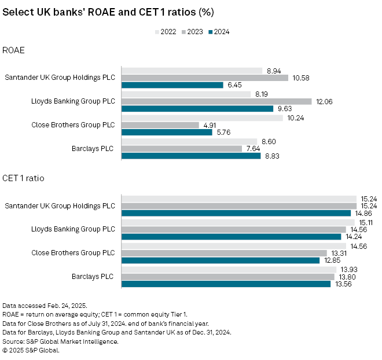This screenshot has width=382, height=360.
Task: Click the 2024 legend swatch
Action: (210, 32)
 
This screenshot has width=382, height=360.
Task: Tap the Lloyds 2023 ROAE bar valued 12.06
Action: (216, 101)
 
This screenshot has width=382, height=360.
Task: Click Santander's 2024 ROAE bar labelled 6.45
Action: (172, 85)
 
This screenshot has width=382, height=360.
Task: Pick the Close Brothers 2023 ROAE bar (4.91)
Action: (160, 125)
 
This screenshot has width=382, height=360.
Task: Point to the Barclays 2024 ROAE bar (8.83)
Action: (191, 155)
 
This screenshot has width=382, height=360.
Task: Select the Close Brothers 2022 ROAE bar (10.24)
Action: (202, 117)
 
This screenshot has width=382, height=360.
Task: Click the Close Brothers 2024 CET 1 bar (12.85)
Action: (220, 260)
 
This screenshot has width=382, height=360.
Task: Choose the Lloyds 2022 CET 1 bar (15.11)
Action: (237, 222)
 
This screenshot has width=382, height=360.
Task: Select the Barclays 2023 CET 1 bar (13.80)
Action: (227, 277)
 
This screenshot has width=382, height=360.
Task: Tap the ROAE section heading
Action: (13, 50)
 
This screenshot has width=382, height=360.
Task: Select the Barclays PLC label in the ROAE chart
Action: (92, 148)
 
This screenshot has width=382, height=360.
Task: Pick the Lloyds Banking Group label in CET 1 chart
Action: (73, 229)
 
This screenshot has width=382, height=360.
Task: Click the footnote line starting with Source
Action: (60, 341)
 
